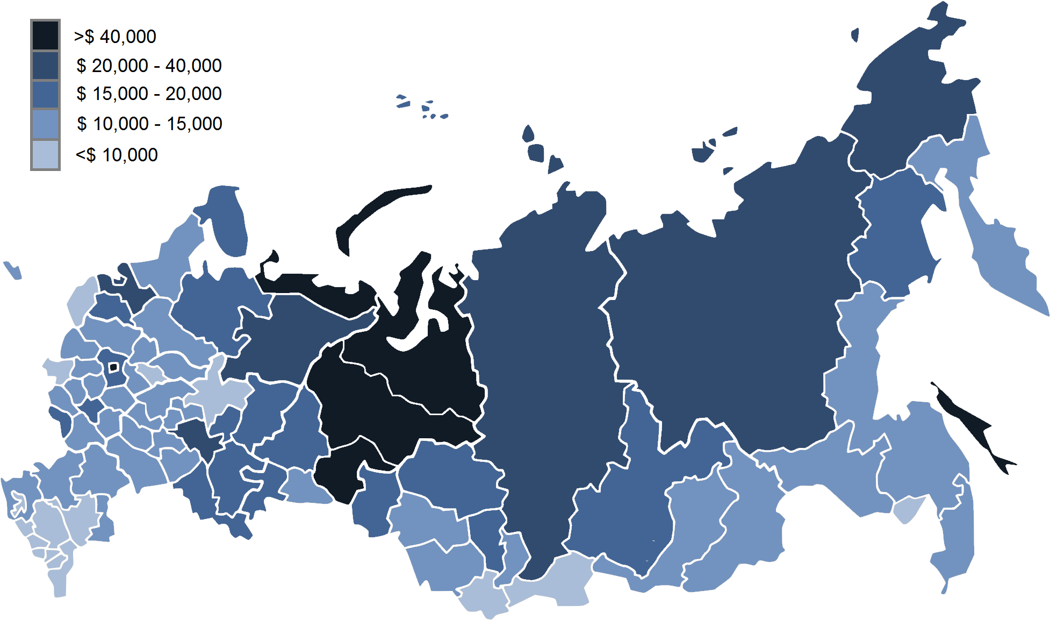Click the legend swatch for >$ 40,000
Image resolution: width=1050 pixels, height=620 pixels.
coord(45,35)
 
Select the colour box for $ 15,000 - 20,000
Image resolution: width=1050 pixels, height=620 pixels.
coord(45,95)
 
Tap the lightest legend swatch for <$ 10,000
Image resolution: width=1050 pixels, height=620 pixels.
coord(45,155)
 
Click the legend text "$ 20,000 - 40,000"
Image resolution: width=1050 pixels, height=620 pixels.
coord(149,66)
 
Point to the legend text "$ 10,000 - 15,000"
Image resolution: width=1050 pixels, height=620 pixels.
coord(149,124)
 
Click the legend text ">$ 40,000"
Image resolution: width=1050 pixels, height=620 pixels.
coord(115,37)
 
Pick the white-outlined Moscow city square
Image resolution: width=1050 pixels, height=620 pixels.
coord(113,367)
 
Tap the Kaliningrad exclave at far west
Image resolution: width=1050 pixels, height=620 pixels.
coord(12,270)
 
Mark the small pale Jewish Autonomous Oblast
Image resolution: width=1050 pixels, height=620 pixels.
coord(908,509)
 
